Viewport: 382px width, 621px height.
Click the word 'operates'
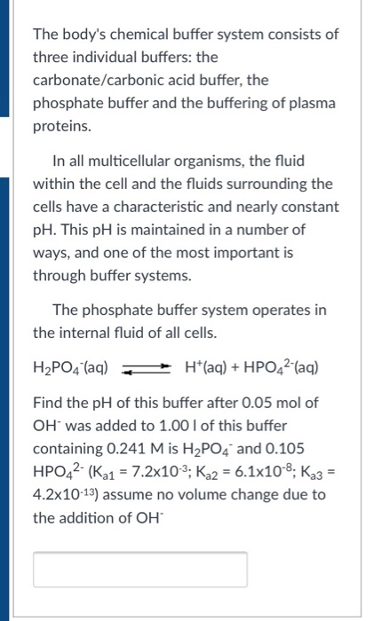coord(276,310)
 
